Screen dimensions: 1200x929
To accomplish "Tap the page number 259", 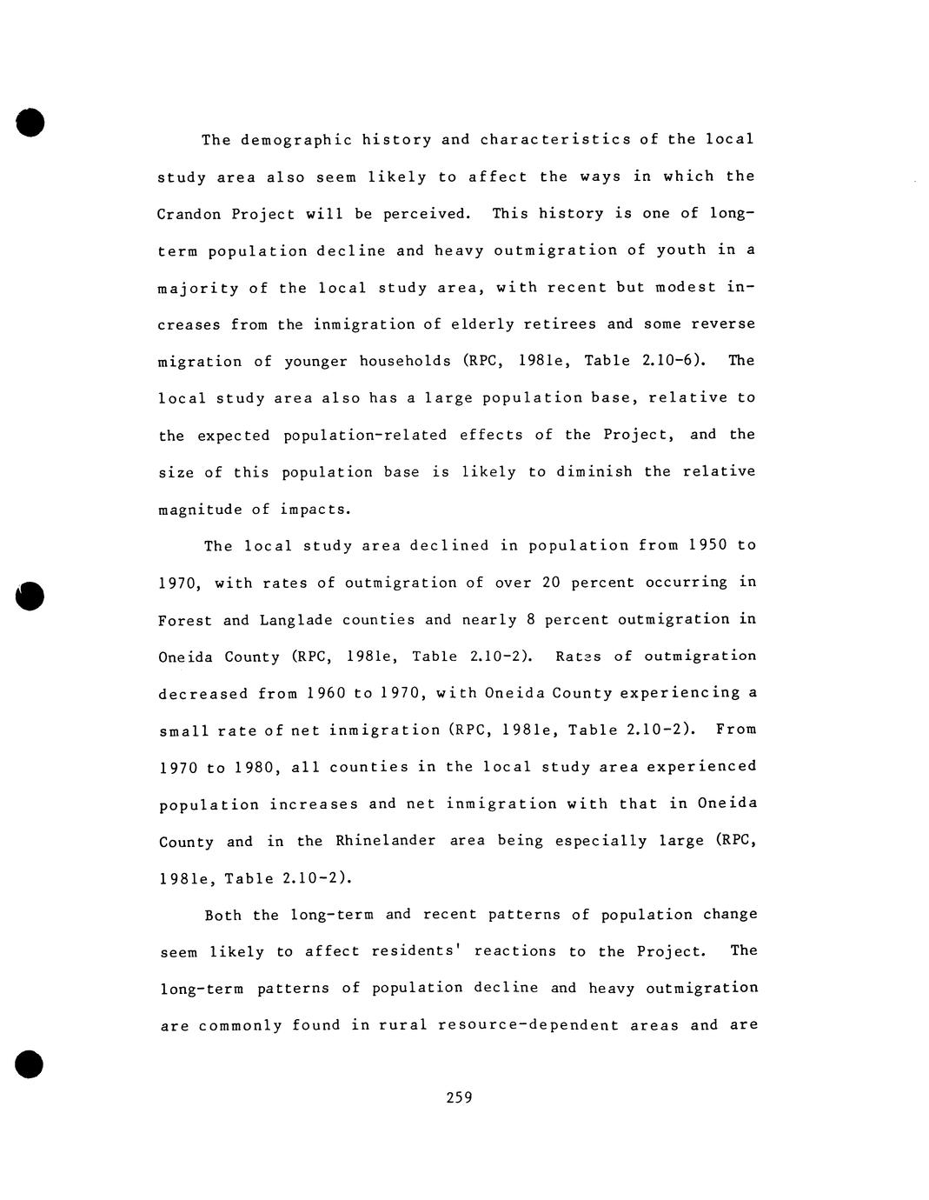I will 459,1097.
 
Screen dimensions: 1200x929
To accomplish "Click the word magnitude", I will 199,510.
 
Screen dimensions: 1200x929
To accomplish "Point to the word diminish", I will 594,472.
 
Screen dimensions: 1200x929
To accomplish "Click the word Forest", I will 185,620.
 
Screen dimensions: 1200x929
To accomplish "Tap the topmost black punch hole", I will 30,123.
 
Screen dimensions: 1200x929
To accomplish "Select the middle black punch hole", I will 30,597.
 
